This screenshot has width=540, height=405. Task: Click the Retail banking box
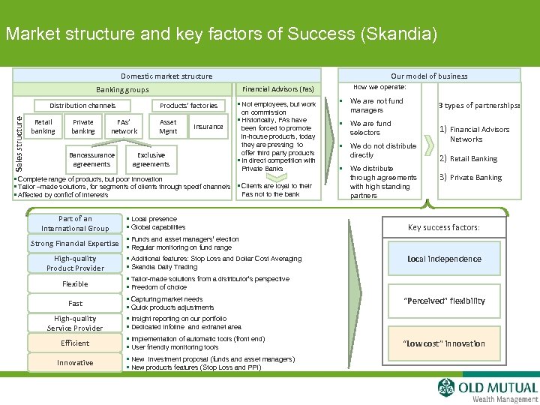(x=43, y=127)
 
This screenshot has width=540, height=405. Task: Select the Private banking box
(x=83, y=127)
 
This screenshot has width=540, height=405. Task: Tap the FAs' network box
(x=124, y=127)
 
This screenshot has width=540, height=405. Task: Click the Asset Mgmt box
(x=168, y=127)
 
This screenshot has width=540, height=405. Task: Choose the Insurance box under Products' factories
(x=208, y=127)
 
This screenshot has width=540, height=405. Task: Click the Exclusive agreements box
(x=151, y=160)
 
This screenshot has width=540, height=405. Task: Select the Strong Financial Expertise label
(x=75, y=244)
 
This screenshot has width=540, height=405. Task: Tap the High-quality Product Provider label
(x=75, y=263)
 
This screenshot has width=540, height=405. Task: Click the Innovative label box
(x=75, y=362)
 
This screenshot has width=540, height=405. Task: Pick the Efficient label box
(x=75, y=343)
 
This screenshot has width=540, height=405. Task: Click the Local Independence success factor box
(x=445, y=259)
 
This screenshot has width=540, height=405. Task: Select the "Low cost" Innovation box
(x=445, y=343)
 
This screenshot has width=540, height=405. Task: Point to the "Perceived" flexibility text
(x=445, y=301)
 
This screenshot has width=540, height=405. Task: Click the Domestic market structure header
(x=166, y=76)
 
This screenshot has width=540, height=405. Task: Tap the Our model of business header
(x=428, y=76)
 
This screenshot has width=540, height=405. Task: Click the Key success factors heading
(x=444, y=227)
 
